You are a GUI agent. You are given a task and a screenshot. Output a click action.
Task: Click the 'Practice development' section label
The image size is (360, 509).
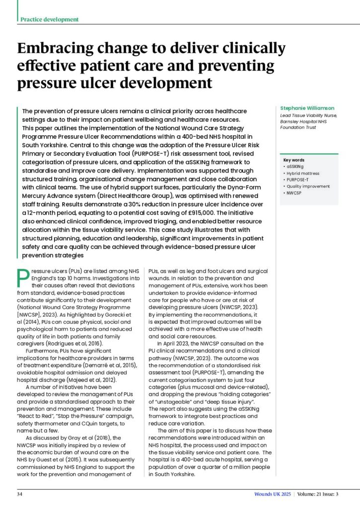tap(49, 19)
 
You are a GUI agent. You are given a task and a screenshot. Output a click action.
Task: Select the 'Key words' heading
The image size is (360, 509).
tap(293, 160)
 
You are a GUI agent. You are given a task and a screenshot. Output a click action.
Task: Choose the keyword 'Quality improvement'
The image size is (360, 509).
tap(308, 186)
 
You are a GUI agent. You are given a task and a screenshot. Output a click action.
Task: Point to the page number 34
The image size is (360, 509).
tap(20, 494)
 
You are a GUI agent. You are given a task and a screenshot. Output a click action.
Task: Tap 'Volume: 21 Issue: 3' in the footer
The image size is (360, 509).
tap(318, 494)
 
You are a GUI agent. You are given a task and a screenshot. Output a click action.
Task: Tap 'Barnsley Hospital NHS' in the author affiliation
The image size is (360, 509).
tap(305, 121)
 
